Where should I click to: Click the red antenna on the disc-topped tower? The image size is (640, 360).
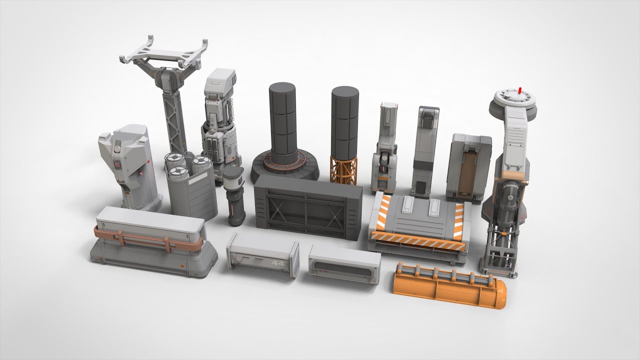pyautogui.click(x=520, y=90)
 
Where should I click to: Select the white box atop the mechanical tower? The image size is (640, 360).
pyautogui.click(x=220, y=82)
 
